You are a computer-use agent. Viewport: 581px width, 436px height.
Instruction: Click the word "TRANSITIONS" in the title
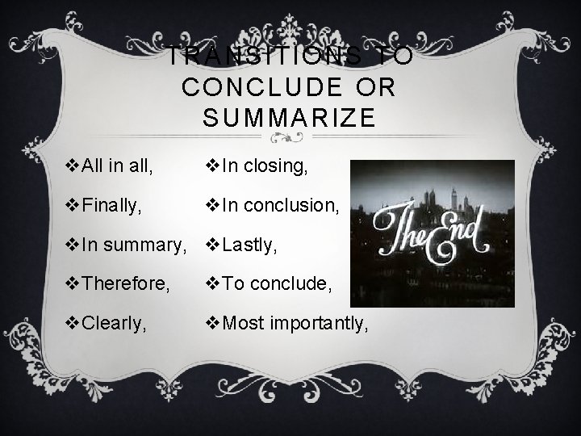tap(255, 57)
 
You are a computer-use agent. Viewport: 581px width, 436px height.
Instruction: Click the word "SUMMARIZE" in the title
tap(290, 119)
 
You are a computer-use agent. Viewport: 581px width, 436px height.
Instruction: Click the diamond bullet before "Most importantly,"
tap(214, 325)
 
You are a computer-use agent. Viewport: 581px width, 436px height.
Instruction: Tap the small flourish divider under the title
tap(290, 137)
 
